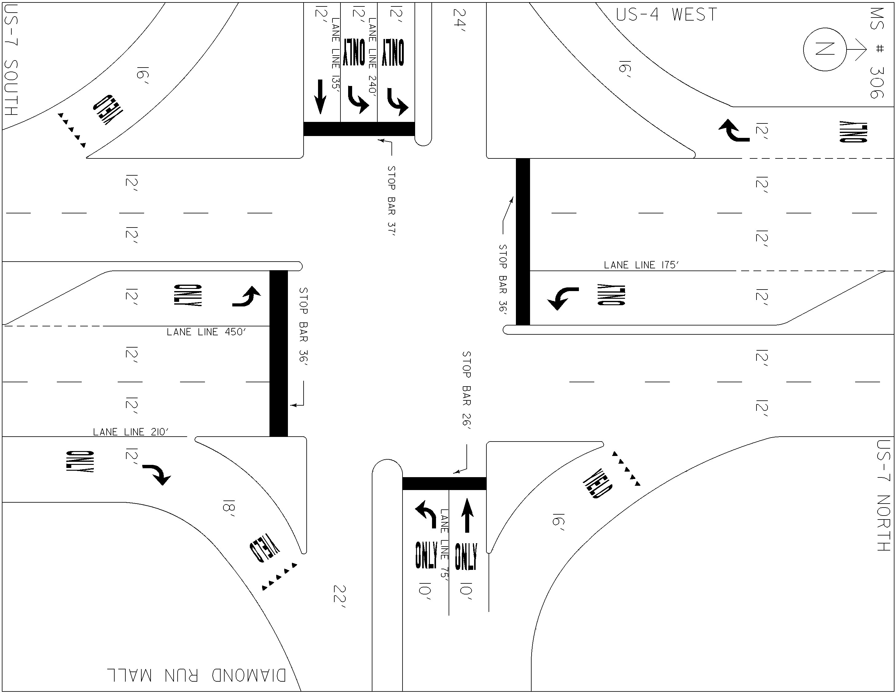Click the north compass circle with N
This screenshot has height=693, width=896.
click(x=824, y=49)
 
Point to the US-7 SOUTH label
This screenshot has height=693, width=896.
click(x=11, y=60)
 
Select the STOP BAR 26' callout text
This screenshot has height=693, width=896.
click(x=466, y=390)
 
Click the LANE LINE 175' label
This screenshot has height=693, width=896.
click(x=641, y=265)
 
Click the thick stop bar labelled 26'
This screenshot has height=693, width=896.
click(x=444, y=484)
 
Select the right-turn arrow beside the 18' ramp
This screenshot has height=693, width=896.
click(x=157, y=474)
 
